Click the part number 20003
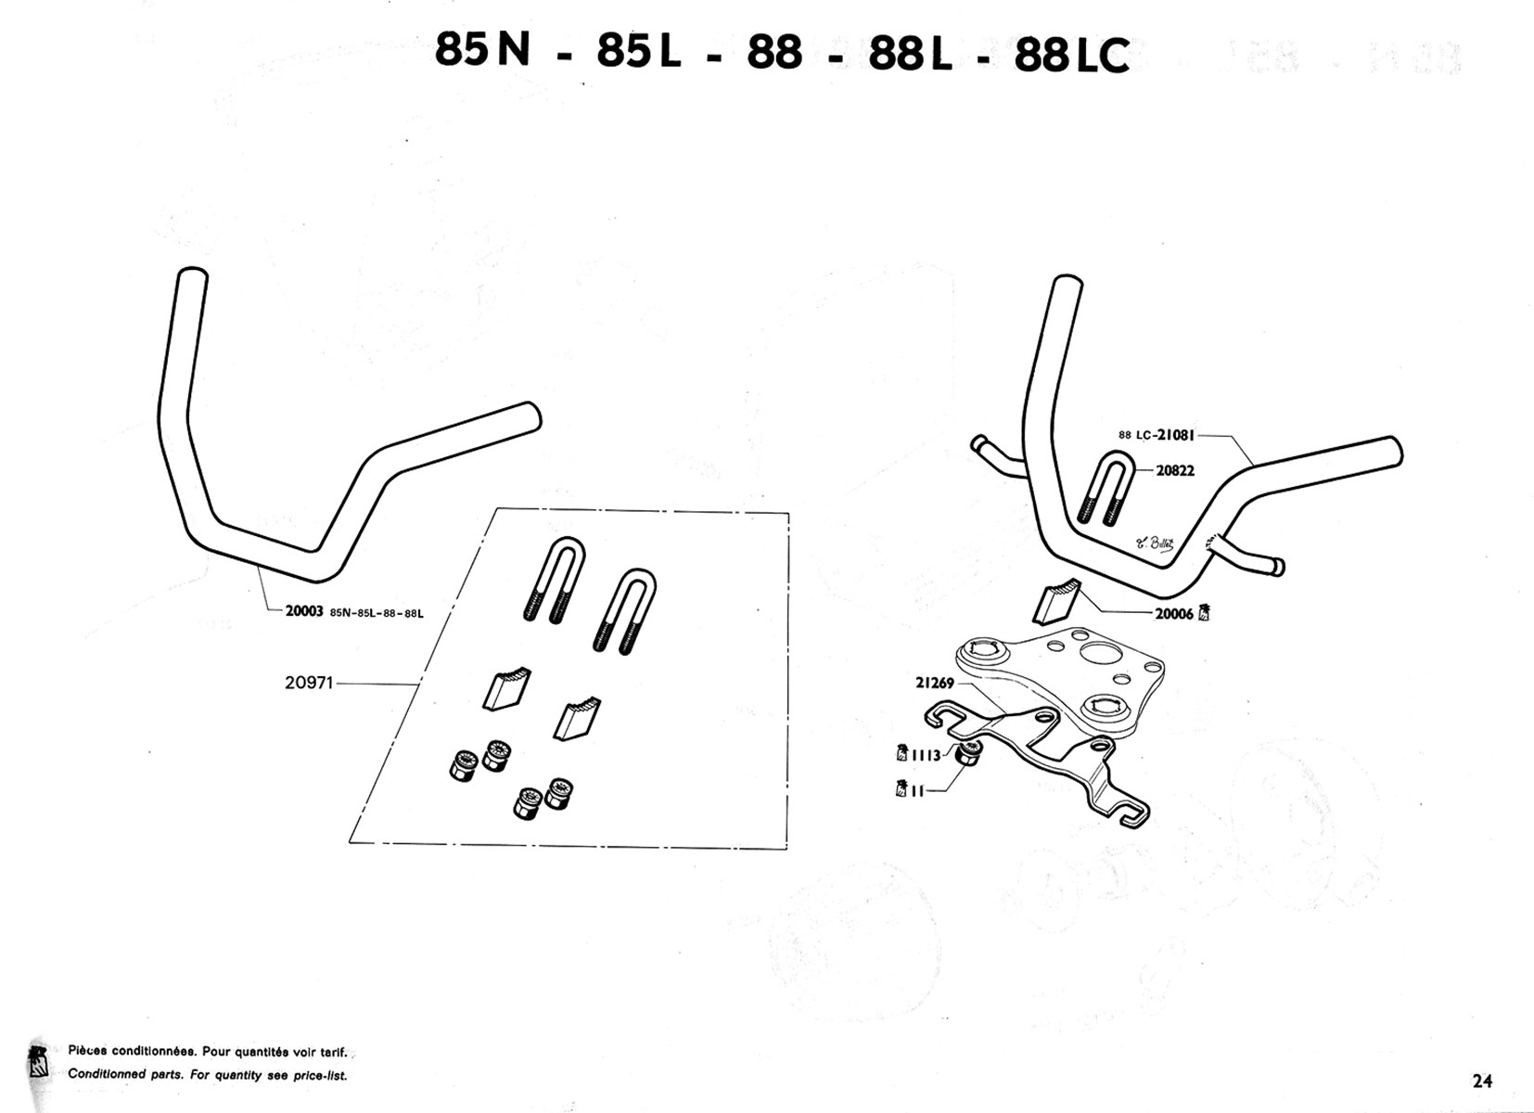point(304,611)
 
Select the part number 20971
point(309,683)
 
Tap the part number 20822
point(1175,470)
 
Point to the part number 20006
point(1174,614)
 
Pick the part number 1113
point(926,756)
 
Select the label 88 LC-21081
point(1157,435)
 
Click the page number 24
point(1483,1081)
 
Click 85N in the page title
point(483,49)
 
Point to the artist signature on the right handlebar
point(1156,544)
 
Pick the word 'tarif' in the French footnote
point(333,1052)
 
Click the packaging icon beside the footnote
point(38,1062)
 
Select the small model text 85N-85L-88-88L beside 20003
point(377,613)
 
